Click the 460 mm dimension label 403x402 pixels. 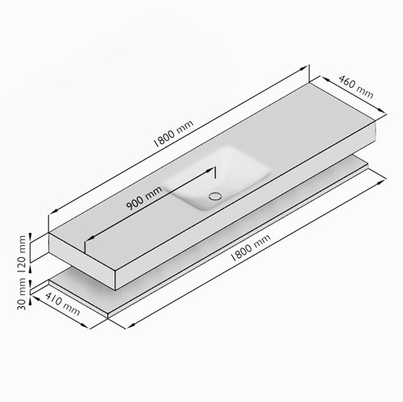[x=355, y=87]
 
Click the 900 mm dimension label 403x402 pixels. [x=144, y=197]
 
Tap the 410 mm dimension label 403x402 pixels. [x=63, y=304]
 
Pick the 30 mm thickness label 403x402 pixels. [x=22, y=294]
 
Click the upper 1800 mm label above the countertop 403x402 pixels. [x=173, y=134]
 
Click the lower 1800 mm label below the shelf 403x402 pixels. [x=251, y=247]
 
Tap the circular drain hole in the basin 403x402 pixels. [x=215, y=196]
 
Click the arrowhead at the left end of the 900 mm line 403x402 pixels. [x=92, y=238]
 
